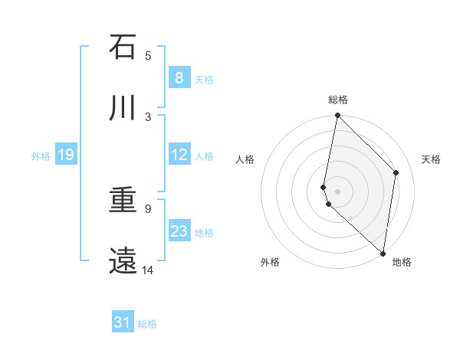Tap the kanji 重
coord(123,201)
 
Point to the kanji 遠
coord(123,261)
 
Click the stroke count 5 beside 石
coord(148,55)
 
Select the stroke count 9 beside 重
coord(148,208)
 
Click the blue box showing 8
coord(179,77)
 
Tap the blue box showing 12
coord(179,155)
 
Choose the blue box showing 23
coord(179,231)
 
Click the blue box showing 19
coord(65,155)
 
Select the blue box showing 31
coord(123,322)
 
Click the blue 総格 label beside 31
coord(147,324)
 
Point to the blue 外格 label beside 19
coord(41,155)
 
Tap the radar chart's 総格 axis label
coord(338,100)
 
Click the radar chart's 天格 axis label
coord(432,159)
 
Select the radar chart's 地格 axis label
coord(402,262)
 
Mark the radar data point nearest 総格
coord(337,116)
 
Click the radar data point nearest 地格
coord(383,254)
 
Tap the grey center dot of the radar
coord(337,191)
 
